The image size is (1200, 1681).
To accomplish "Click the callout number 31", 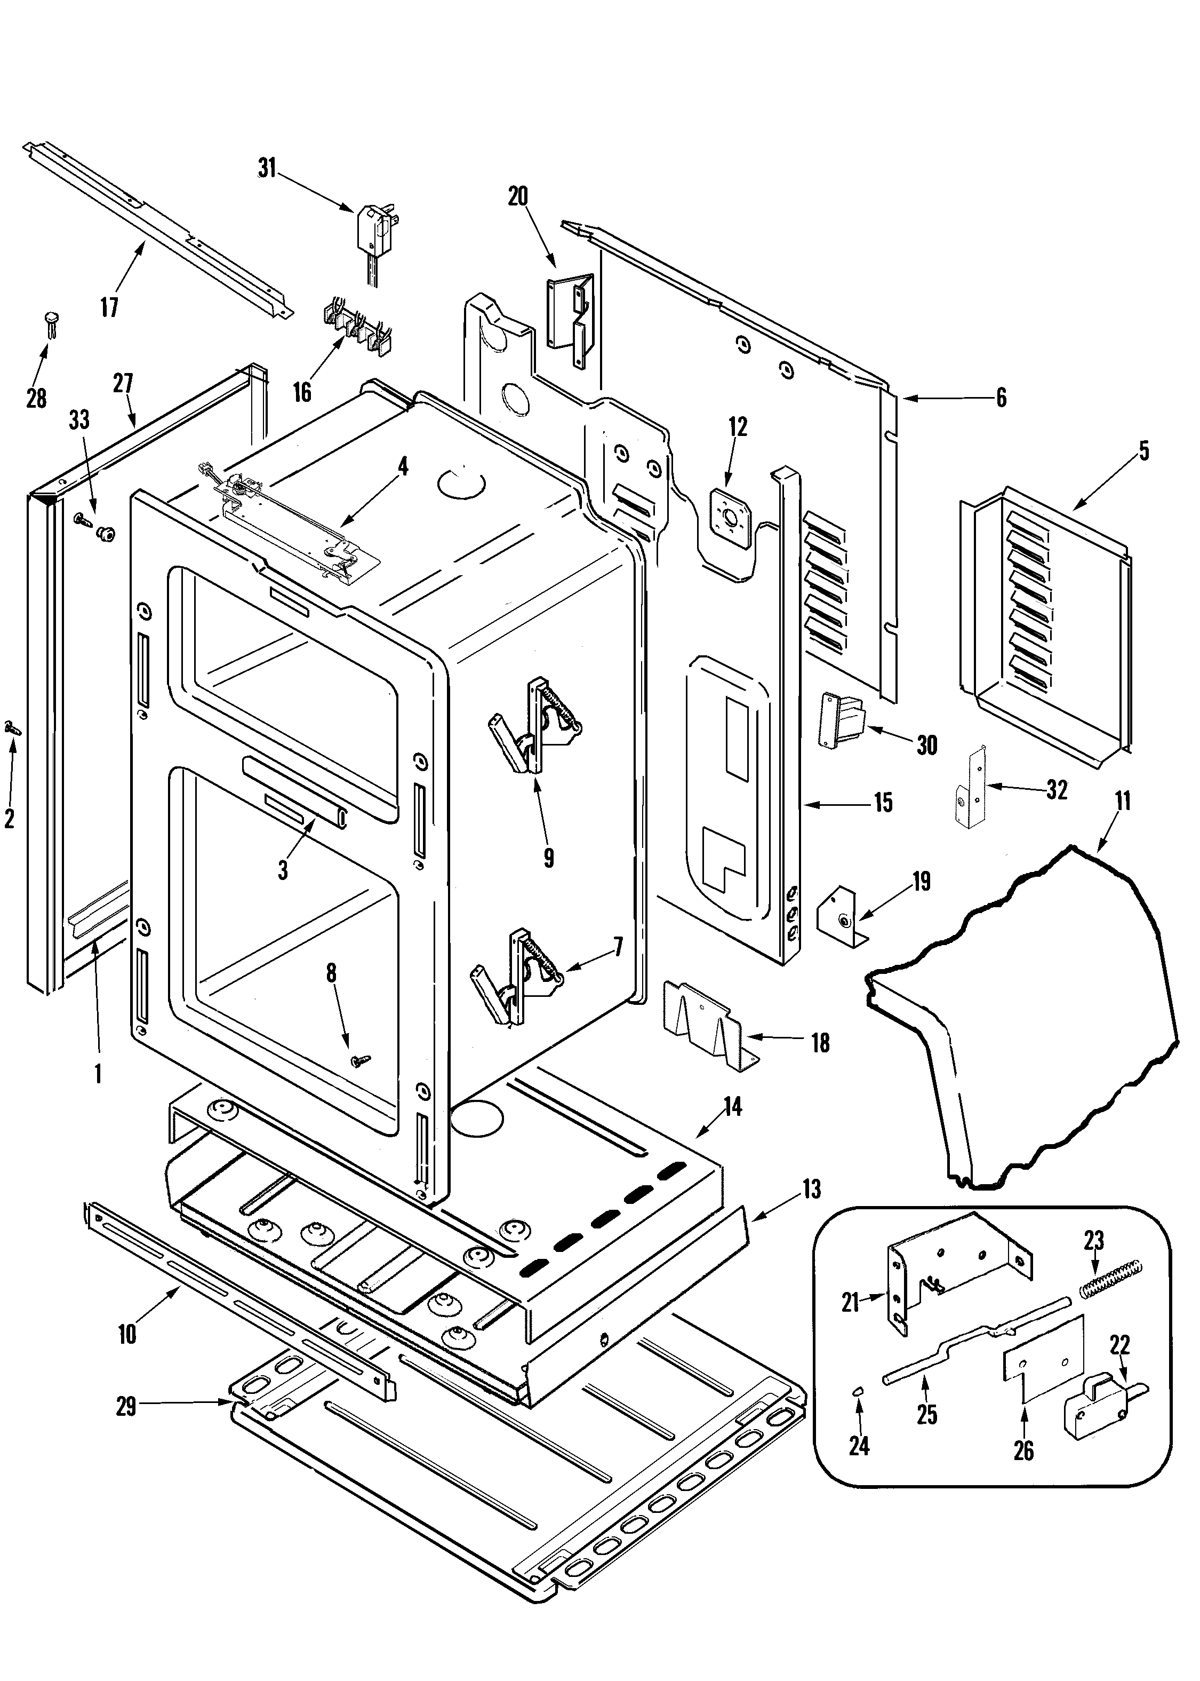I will (x=266, y=169).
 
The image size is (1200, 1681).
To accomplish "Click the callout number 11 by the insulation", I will (x=1123, y=802).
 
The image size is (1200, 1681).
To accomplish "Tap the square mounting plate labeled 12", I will (x=729, y=510).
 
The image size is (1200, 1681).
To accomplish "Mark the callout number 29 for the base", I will (x=126, y=1406).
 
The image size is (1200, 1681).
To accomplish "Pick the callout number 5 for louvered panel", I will (x=1143, y=451).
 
